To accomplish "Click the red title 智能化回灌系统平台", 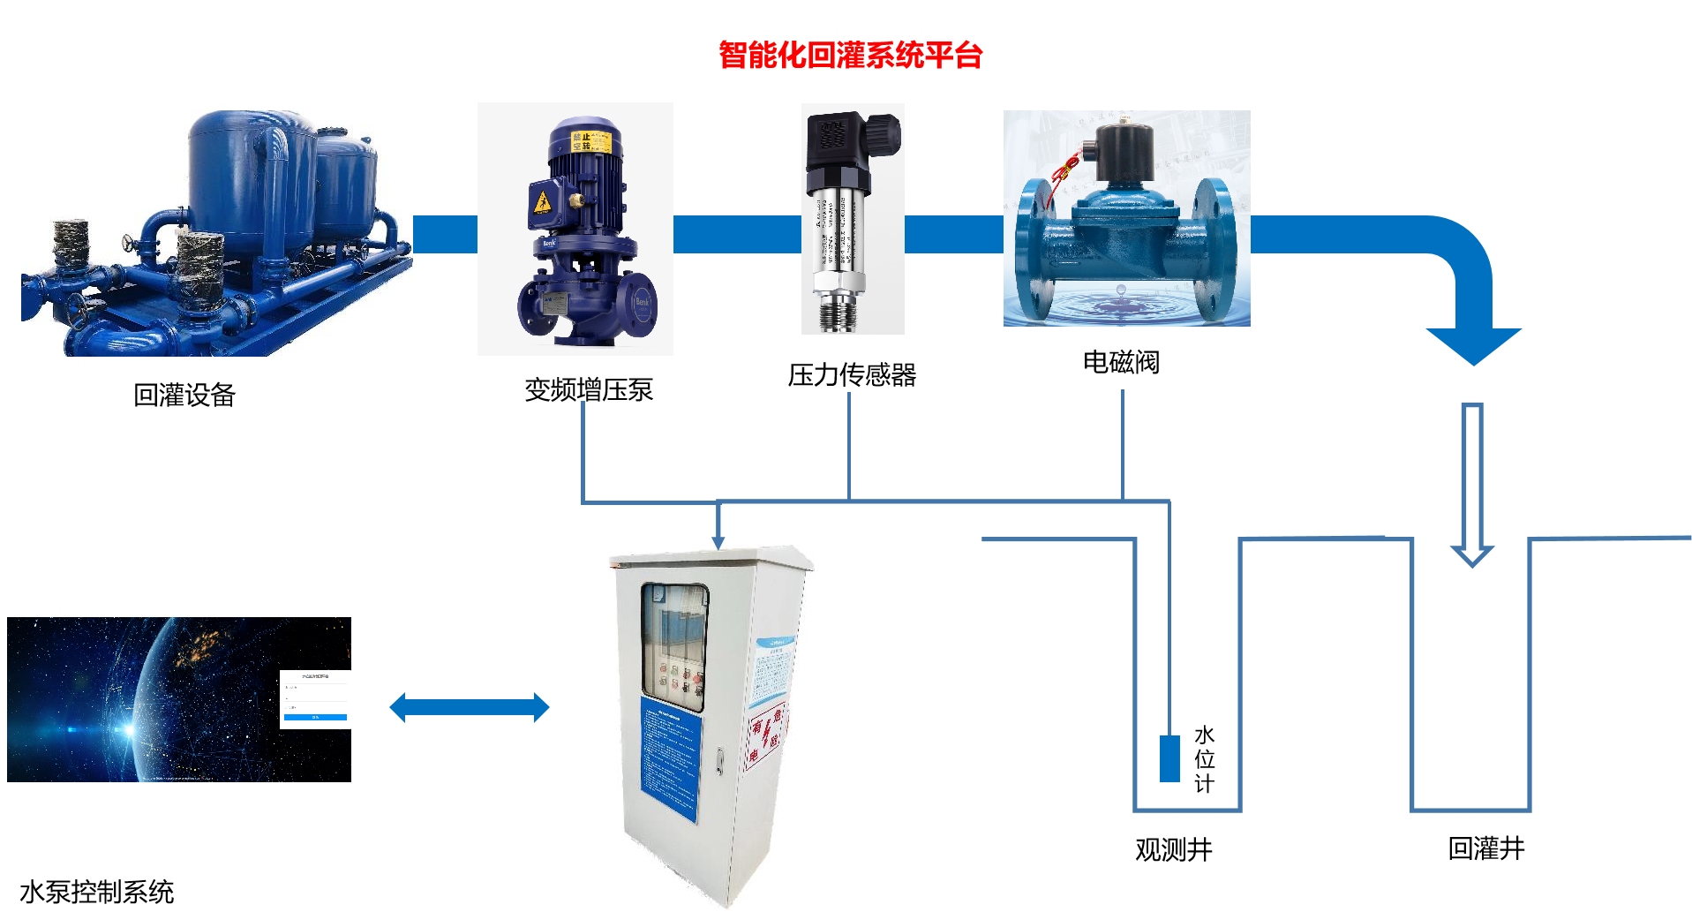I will (850, 56).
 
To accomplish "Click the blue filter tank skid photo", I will (216, 233).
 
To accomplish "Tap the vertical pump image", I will (575, 230).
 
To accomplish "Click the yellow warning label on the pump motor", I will (590, 141).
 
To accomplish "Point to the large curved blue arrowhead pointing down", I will (1473, 344).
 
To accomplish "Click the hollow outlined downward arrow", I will (1472, 486).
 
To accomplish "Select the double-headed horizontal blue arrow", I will (470, 707).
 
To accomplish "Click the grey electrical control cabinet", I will (711, 726).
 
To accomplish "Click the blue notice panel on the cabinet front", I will (671, 759).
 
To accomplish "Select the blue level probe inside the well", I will (1169, 758).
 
